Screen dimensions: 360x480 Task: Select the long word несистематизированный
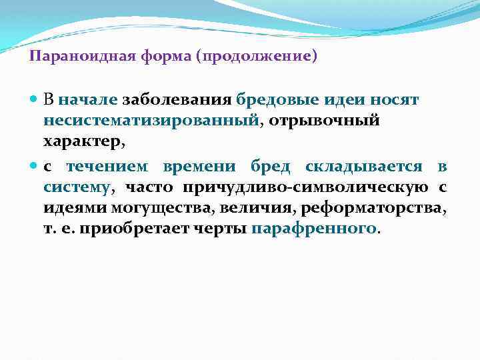(151, 121)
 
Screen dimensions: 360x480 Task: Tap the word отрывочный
(324, 121)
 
